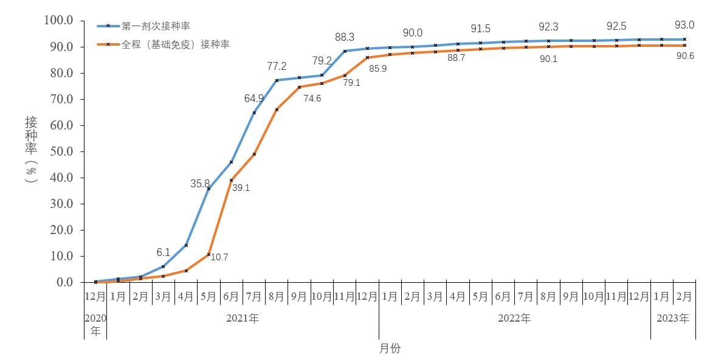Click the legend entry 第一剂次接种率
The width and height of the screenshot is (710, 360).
pyautogui.click(x=155, y=26)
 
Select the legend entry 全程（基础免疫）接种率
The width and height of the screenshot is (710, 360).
pyautogui.click(x=175, y=44)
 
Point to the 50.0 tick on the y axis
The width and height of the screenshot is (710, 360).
pyautogui.click(x=60, y=151)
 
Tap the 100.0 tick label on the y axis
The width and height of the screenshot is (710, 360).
pyautogui.click(x=58, y=21)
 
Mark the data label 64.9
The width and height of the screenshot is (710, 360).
pyautogui.click(x=253, y=99)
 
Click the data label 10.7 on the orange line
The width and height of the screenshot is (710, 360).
pyautogui.click(x=219, y=257)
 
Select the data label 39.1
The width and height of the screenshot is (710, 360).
pyautogui.click(x=241, y=188)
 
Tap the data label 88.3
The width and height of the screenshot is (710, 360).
pyautogui.click(x=345, y=37)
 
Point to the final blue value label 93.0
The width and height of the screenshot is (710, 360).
pyautogui.click(x=684, y=26)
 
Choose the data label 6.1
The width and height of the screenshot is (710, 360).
pyautogui.click(x=162, y=252)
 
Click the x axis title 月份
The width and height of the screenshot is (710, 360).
pyautogui.click(x=390, y=348)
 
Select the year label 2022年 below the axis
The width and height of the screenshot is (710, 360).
pyautogui.click(x=514, y=318)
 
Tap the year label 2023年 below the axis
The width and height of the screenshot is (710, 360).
pyautogui.click(x=673, y=318)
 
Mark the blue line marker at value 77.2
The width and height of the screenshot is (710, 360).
pyautogui.click(x=277, y=80)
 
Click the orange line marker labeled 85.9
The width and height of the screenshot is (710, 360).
pyautogui.click(x=367, y=58)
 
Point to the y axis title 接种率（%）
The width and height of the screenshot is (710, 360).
pyautogui.click(x=31, y=150)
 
